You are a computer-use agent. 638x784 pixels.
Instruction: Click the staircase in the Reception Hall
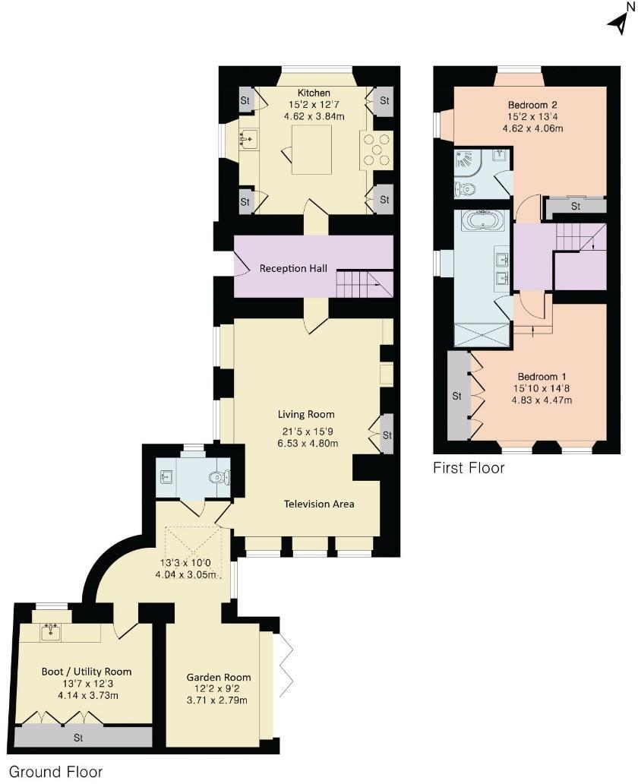[365, 285]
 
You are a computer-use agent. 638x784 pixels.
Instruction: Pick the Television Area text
[319, 504]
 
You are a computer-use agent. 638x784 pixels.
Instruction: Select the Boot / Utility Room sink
[52, 631]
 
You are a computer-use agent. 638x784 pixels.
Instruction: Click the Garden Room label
[219, 677]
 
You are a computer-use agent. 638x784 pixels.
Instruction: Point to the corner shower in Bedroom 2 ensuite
[466, 162]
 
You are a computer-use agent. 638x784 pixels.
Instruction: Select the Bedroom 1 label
[543, 376]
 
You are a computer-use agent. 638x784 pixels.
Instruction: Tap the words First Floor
[469, 468]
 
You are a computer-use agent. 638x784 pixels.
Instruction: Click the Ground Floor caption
[55, 772]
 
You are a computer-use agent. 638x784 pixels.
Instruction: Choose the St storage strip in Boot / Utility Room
[78, 737]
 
